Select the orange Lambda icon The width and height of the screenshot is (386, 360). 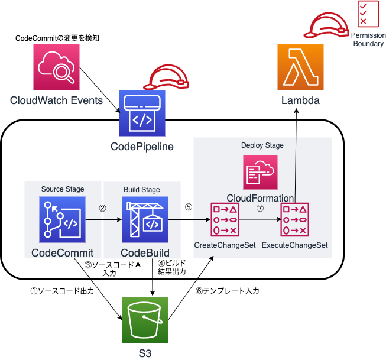click(x=300, y=69)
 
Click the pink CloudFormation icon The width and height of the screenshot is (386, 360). click(x=261, y=173)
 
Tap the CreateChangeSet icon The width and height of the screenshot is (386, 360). click(x=226, y=219)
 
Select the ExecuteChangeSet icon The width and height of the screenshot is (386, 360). click(x=294, y=219)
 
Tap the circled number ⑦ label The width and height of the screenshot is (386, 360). click(x=260, y=208)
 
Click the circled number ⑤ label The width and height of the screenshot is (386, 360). click(x=188, y=207)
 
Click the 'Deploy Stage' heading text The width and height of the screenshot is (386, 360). click(x=262, y=145)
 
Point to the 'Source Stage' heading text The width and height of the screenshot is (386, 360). click(x=63, y=189)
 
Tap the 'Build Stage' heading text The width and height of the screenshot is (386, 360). click(x=142, y=190)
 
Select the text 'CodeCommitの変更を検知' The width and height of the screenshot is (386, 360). click(x=57, y=38)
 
